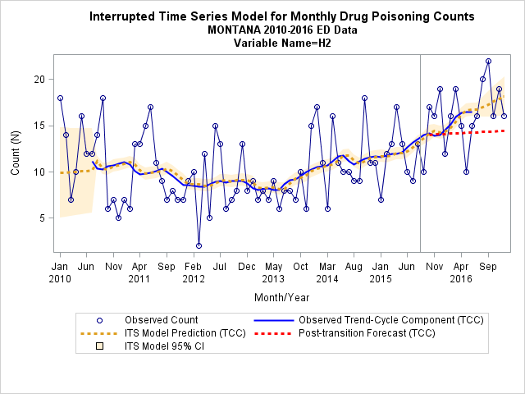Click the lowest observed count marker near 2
point(199,246)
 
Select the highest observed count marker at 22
point(489,62)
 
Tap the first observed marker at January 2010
point(60,98)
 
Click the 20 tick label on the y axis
point(39,80)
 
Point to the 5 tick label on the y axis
point(42,218)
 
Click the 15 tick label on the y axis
point(39,126)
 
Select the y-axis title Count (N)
point(16,153)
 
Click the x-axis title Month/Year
point(282,297)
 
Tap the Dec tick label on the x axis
point(247,267)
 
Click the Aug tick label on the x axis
point(354,267)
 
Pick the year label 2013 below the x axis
point(273,279)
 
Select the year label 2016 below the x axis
point(461,279)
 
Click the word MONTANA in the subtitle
point(234,30)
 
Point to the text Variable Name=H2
point(282,44)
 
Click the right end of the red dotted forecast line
point(504,131)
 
